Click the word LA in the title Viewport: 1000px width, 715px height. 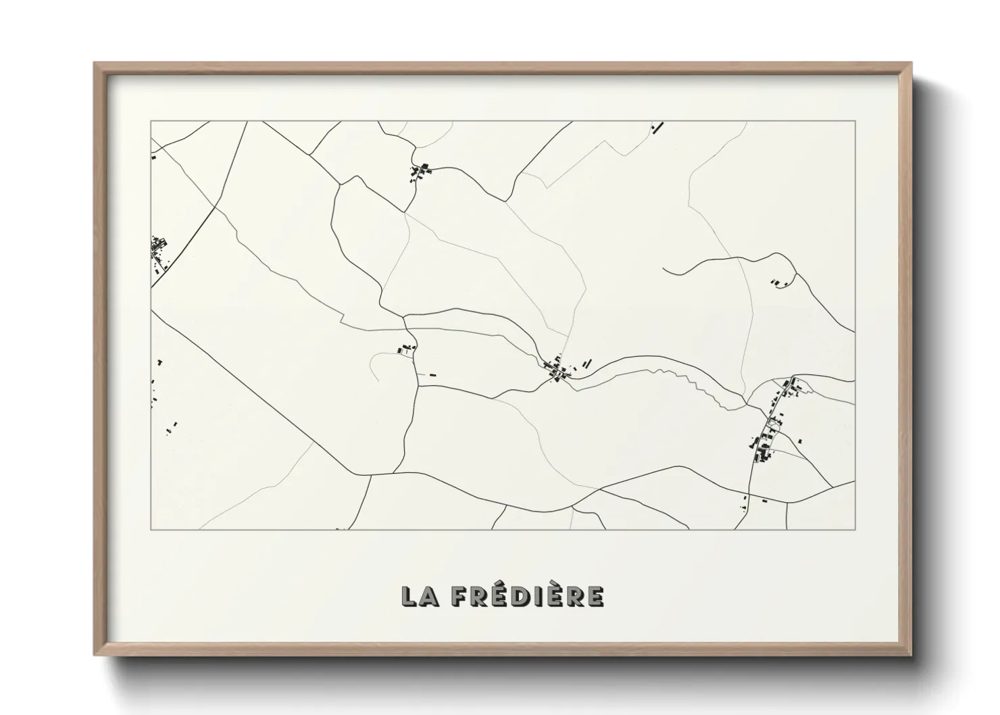(x=420, y=595)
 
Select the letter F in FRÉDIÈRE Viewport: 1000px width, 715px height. (x=459, y=596)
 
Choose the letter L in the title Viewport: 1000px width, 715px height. (x=409, y=596)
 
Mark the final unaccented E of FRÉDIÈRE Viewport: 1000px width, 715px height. (x=595, y=596)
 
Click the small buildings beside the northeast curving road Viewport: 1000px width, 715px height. (x=779, y=282)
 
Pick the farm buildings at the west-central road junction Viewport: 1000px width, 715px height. (x=405, y=349)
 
